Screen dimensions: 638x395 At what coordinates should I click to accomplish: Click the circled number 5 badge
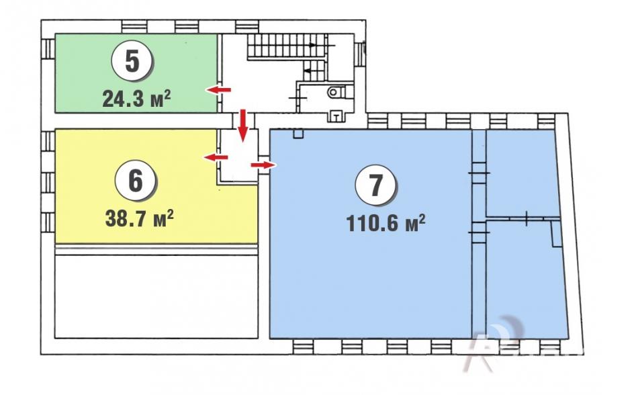coord(132,61)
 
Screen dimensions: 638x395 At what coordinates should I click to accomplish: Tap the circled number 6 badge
coord(136,181)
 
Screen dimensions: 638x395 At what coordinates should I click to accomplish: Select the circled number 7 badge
coord(375,185)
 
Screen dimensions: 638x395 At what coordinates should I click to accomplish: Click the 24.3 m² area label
coord(137,99)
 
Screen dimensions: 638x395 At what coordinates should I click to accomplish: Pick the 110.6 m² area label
coord(385,222)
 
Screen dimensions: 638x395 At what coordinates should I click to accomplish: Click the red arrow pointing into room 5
coord(218,90)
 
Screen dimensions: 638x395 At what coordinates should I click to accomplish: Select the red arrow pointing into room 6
coord(216,157)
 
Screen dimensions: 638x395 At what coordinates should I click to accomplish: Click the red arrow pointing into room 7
coord(263,165)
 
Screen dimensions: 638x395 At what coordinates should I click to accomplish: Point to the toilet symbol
coord(333,92)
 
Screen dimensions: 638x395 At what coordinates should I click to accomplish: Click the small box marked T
coord(336,117)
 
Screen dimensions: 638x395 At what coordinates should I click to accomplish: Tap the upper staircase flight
coord(287,46)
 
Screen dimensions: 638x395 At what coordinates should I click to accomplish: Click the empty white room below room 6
coord(156,296)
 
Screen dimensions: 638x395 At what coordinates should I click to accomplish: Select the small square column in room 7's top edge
coord(298,134)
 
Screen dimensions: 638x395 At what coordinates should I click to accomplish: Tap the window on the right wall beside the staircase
coord(360,54)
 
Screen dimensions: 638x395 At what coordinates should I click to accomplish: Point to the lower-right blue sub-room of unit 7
coord(526,281)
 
